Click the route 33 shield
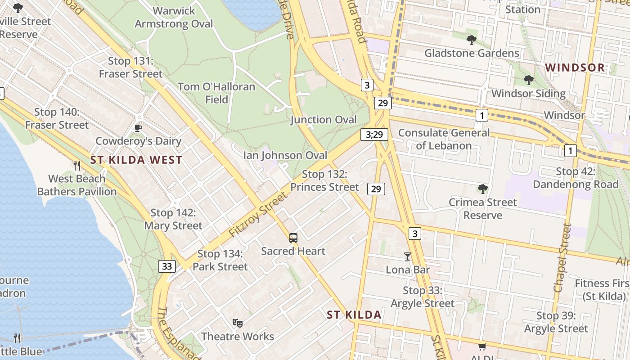pos(166,266)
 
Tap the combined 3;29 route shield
pos(374,134)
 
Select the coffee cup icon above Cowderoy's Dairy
pos(138,128)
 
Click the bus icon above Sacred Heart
pos(293,238)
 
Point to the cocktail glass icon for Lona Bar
pos(408,256)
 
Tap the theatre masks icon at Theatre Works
pos(238,323)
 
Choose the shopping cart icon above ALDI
pos(482,346)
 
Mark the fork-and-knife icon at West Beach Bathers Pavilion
pos(77,165)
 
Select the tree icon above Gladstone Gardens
pos(472,40)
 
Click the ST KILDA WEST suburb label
pos(136,160)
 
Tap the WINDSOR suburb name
pos(575,68)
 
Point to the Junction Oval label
pos(324,120)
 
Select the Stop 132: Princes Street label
pos(324,180)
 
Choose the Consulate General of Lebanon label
pos(444,139)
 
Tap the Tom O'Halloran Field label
pos(216,93)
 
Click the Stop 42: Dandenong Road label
pos(576,178)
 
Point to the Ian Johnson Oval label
pos(285,155)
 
